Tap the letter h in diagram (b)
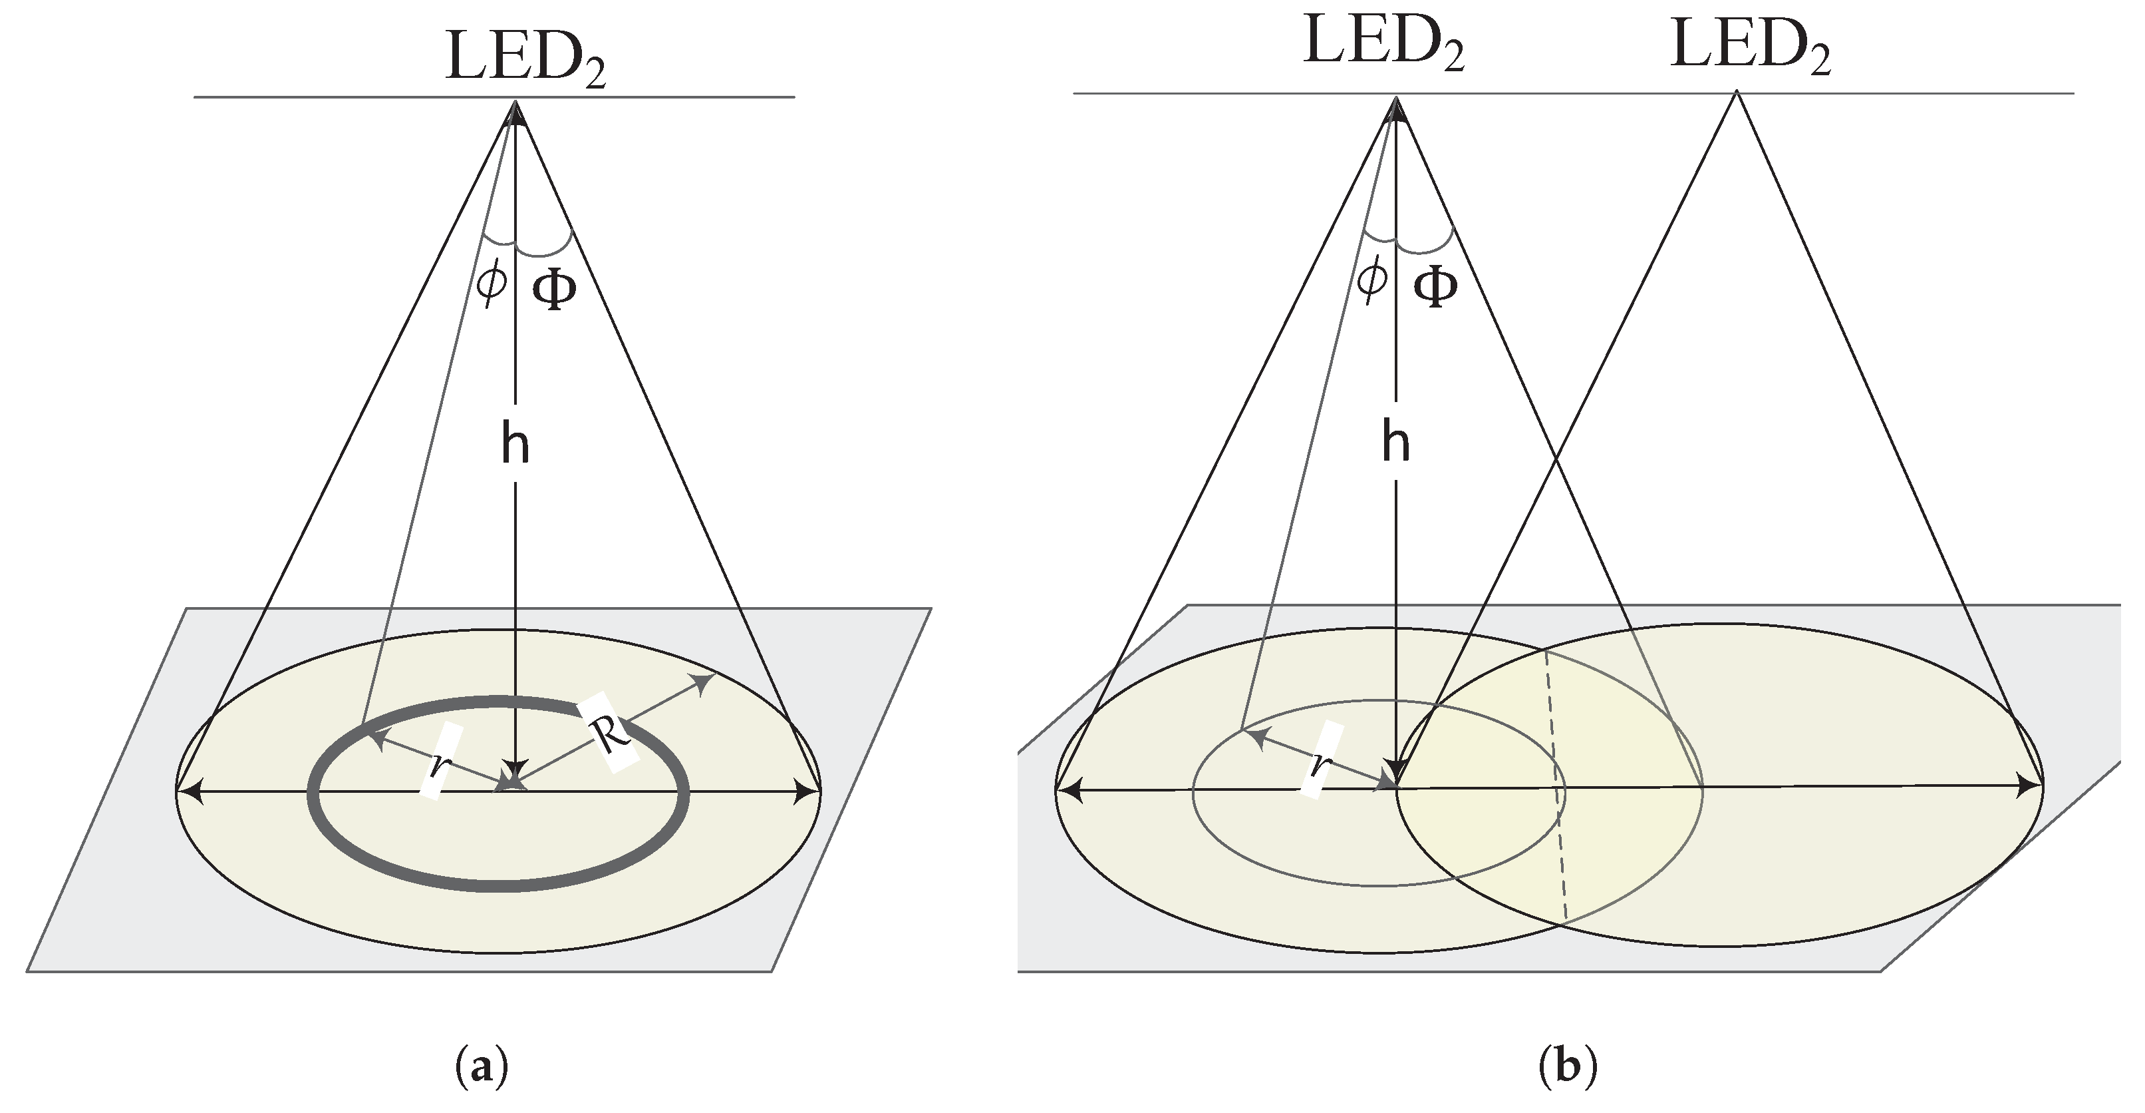coord(1395,441)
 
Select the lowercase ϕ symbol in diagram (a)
coord(492,282)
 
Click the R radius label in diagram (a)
coord(611,732)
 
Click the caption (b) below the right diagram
coord(1568,1067)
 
